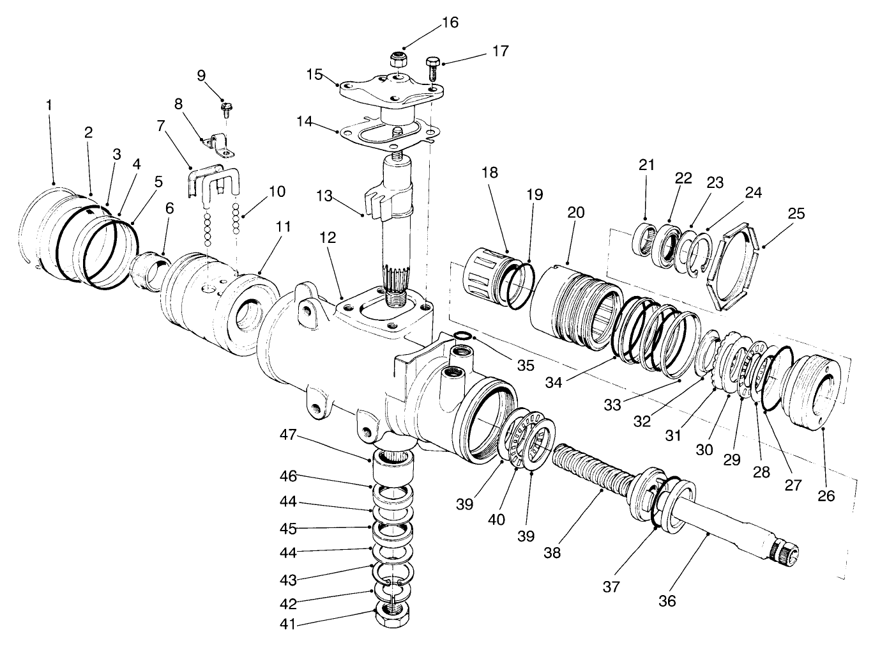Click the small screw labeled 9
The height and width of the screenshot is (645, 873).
[x=225, y=111]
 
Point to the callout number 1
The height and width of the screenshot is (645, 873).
[x=49, y=104]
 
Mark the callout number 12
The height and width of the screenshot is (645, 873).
[x=327, y=237]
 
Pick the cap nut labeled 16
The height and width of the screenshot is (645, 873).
[x=399, y=61]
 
